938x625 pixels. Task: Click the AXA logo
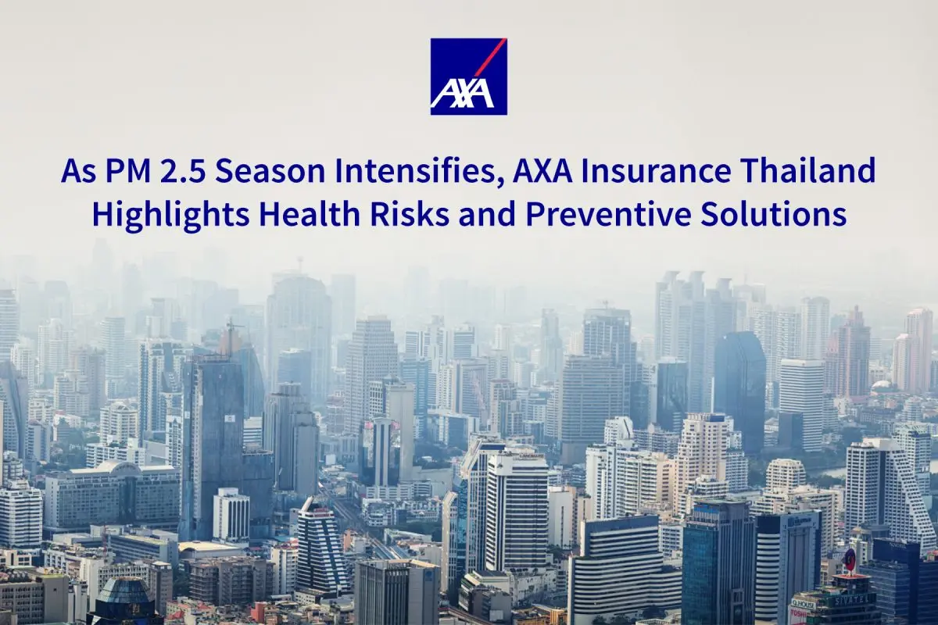(468, 77)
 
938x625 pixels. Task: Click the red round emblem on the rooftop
(850, 559)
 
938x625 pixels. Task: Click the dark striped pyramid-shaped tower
(323, 547)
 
